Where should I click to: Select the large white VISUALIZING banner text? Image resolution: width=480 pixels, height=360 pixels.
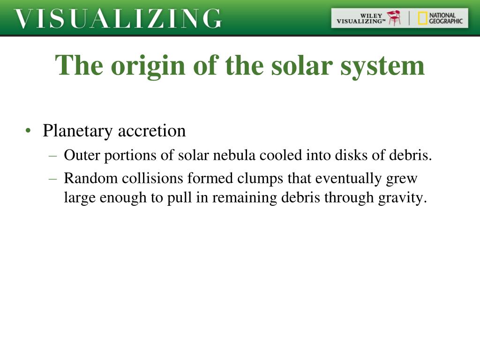point(118,19)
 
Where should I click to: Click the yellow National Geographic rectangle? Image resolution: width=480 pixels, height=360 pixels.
point(422,18)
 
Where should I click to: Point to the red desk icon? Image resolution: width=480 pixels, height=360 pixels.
point(394,18)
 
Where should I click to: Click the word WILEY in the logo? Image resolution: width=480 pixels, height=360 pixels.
point(371,15)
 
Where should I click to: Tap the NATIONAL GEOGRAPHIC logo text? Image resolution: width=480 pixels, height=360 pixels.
point(446,18)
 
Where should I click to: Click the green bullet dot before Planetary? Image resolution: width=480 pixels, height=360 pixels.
point(28,131)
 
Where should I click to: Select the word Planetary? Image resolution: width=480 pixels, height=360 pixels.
point(78,131)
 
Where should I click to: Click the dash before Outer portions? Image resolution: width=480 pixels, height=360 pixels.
point(53,156)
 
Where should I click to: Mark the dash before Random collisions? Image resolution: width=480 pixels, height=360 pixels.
point(53,179)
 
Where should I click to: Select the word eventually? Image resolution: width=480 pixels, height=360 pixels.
point(348,179)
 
